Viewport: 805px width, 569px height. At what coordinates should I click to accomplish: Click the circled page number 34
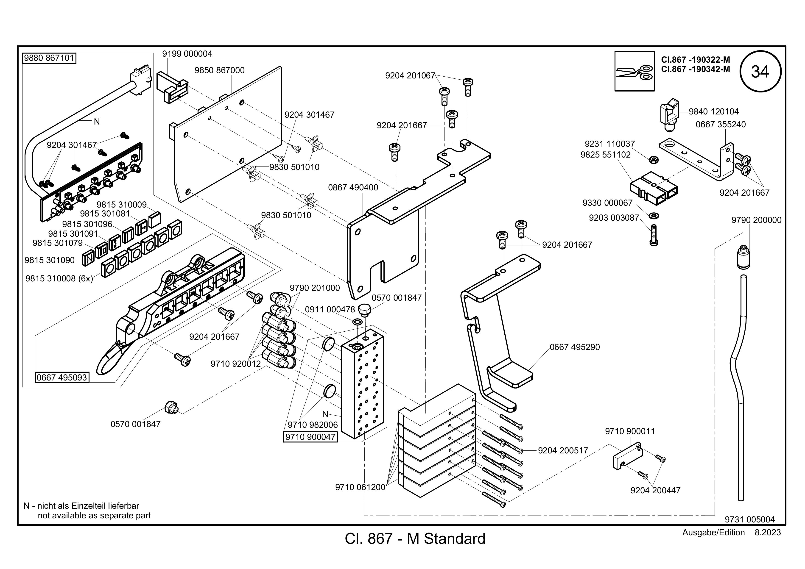pos(760,72)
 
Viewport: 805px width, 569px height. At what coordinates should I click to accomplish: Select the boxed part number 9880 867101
pos(49,58)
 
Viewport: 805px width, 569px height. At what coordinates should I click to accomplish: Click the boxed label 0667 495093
pos(62,377)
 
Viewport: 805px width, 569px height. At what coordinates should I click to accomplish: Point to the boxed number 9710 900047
pos(310,437)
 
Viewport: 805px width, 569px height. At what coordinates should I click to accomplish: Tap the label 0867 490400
pos(353,187)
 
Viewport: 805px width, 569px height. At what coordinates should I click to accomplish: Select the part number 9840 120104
pos(713,112)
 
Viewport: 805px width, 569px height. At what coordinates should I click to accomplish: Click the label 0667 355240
pos(721,124)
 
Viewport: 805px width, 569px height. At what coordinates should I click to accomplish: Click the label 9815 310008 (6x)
pos(59,279)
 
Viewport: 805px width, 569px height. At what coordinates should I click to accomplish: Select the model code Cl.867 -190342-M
pos(696,69)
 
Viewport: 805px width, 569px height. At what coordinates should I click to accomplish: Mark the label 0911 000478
pos(330,310)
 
